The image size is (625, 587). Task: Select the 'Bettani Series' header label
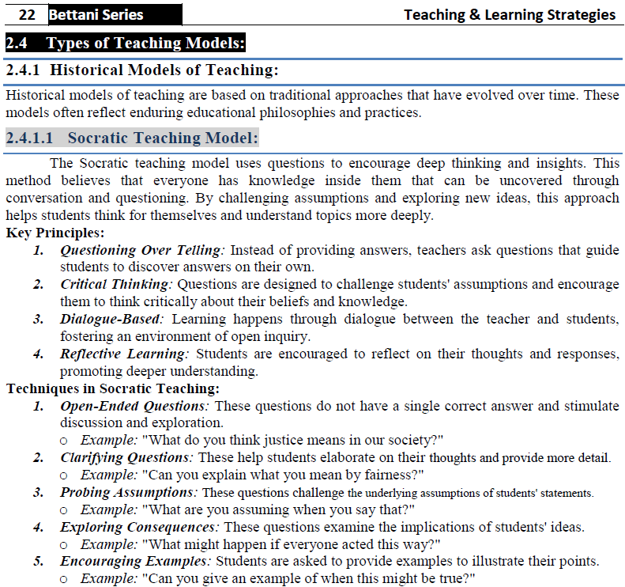(x=96, y=15)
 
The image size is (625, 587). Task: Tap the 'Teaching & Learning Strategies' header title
(x=509, y=15)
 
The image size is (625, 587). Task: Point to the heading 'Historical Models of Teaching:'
(x=169, y=70)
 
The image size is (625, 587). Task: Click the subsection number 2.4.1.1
(x=29, y=138)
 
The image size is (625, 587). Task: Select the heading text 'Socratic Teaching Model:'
(x=163, y=138)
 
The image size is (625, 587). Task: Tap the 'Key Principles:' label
(x=55, y=233)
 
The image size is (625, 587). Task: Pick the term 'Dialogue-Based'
(x=111, y=320)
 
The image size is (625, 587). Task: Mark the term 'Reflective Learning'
(x=125, y=354)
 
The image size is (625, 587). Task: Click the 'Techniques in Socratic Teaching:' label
(x=112, y=388)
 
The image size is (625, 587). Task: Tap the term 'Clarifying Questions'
(x=127, y=457)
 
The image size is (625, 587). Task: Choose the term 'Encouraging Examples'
(x=135, y=562)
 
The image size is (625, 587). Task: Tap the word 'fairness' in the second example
(x=394, y=475)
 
